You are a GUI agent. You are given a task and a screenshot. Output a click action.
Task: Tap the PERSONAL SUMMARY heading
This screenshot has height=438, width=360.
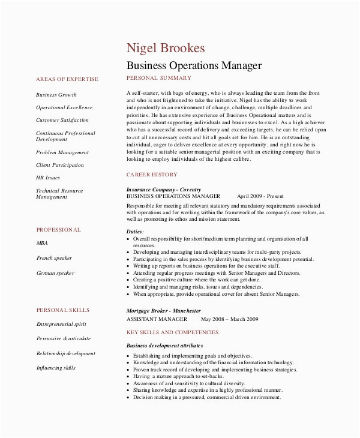[159, 79]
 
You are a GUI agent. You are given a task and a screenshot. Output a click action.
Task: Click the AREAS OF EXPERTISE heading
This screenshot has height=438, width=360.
[67, 79]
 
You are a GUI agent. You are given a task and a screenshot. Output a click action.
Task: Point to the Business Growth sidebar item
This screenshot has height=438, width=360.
[56, 95]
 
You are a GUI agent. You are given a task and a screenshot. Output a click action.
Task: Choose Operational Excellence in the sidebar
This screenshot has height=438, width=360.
[64, 107]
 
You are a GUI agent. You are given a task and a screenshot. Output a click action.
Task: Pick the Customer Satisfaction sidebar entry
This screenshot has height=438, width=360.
[62, 120]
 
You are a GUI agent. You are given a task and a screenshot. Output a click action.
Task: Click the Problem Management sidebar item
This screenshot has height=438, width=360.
[62, 152]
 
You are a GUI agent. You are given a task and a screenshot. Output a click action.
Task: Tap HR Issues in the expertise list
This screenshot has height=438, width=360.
[49, 178]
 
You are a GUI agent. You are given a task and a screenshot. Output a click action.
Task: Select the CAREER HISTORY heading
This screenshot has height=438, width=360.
[152, 174]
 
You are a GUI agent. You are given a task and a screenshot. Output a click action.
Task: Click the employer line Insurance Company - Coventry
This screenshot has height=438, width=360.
[163, 190]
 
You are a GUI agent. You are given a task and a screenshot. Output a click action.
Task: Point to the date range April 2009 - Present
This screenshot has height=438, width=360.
[260, 196]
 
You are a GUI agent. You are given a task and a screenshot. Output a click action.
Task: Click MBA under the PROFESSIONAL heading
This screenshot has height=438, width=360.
[42, 244]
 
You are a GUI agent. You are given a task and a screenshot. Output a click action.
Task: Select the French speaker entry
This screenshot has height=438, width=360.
[54, 258]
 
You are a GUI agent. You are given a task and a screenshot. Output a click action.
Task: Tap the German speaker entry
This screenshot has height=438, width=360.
[55, 273]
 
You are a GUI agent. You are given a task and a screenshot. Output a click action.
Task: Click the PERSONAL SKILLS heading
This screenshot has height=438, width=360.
[63, 310]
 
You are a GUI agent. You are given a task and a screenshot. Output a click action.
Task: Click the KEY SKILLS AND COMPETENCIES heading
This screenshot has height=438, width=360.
[173, 332]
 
